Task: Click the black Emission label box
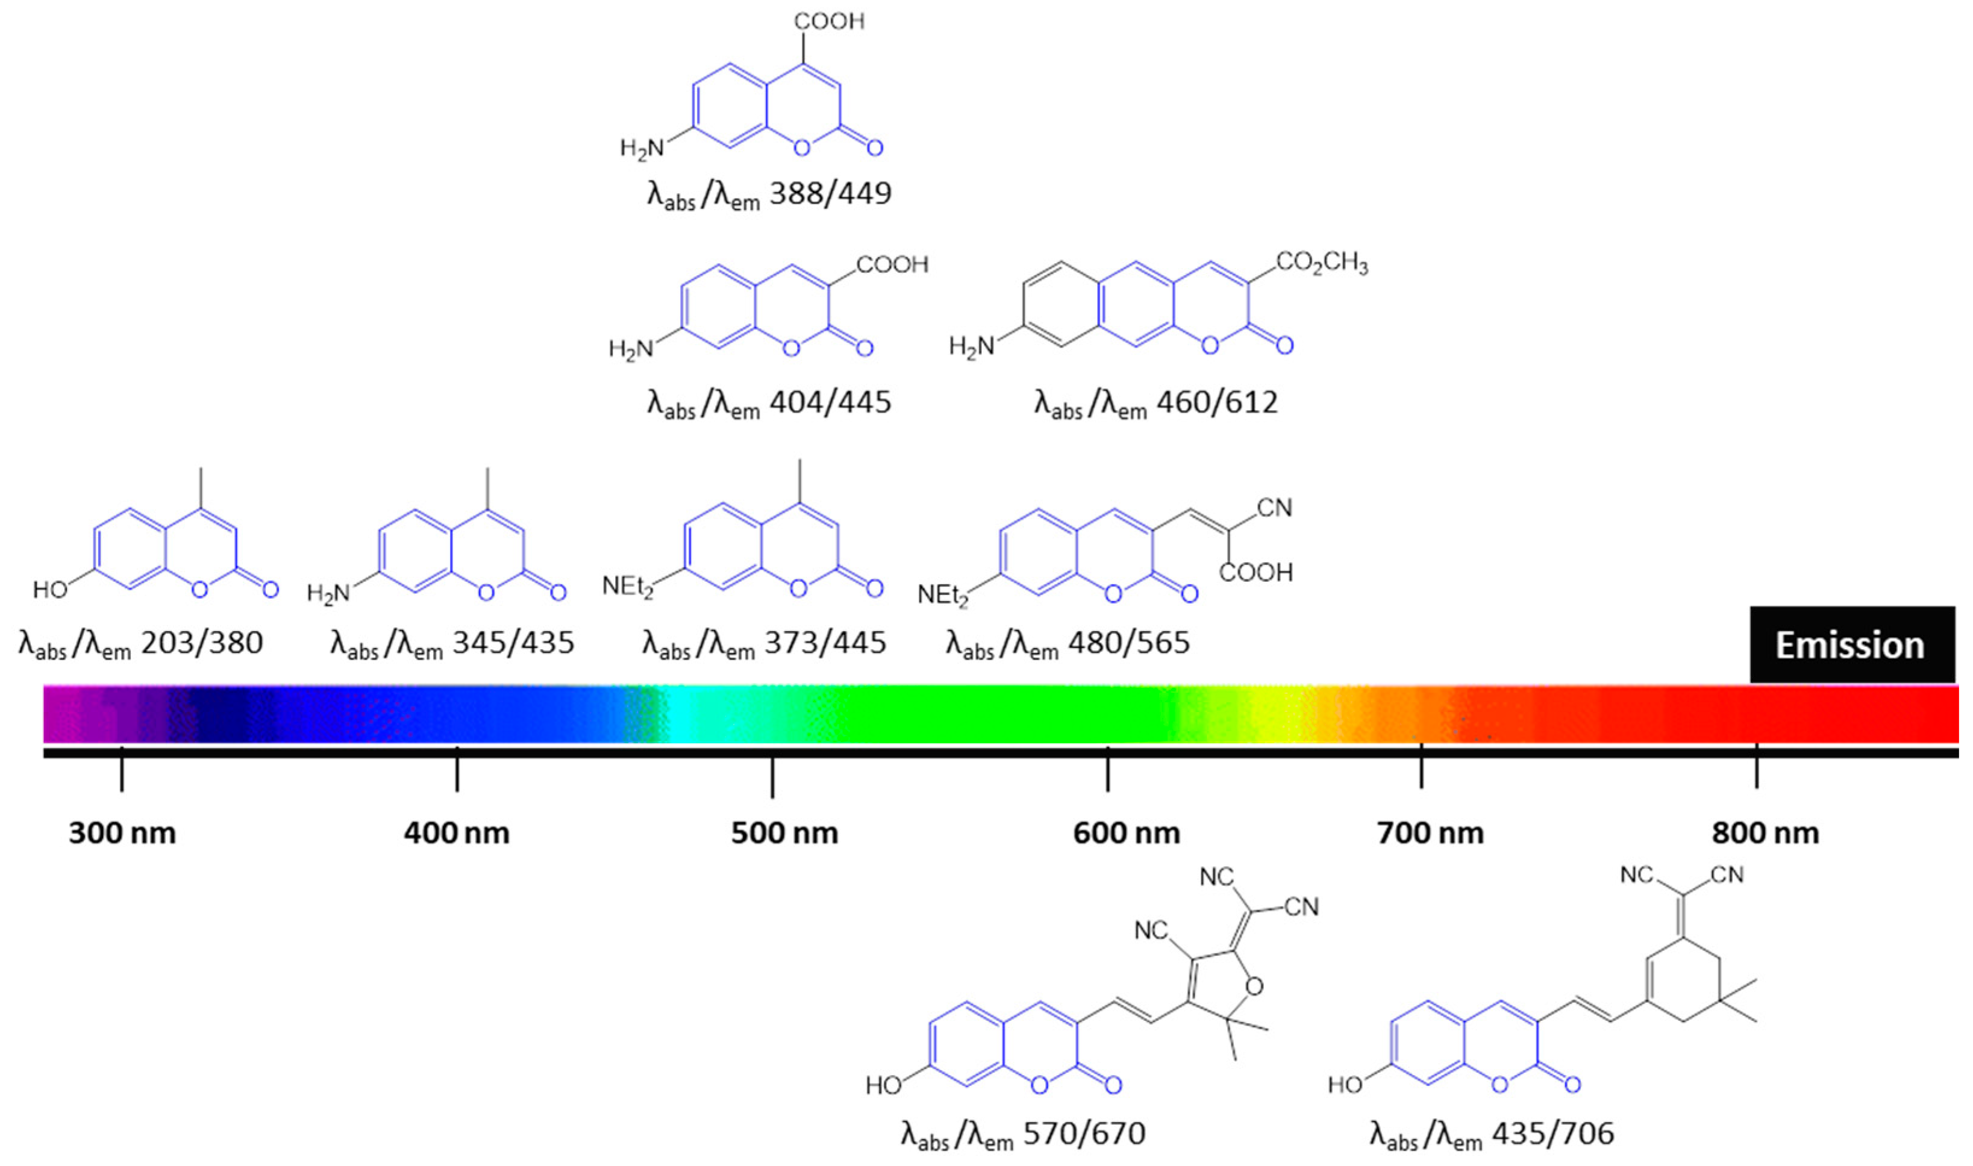tap(1851, 645)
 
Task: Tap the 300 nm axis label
tap(122, 833)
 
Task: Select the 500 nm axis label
tap(784, 833)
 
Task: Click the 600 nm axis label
tap(1126, 833)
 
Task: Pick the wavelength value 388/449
tap(831, 193)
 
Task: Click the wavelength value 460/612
tap(1217, 402)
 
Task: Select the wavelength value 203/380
tap(202, 643)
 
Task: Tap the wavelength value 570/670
tap(1084, 1133)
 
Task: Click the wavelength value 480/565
tap(1129, 643)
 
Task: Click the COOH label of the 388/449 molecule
tap(829, 21)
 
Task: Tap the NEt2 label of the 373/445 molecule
tap(627, 586)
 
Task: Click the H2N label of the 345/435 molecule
tap(328, 593)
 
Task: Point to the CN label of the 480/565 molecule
tap(1275, 508)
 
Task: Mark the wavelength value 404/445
tap(831, 402)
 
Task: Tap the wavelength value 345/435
tap(513, 643)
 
